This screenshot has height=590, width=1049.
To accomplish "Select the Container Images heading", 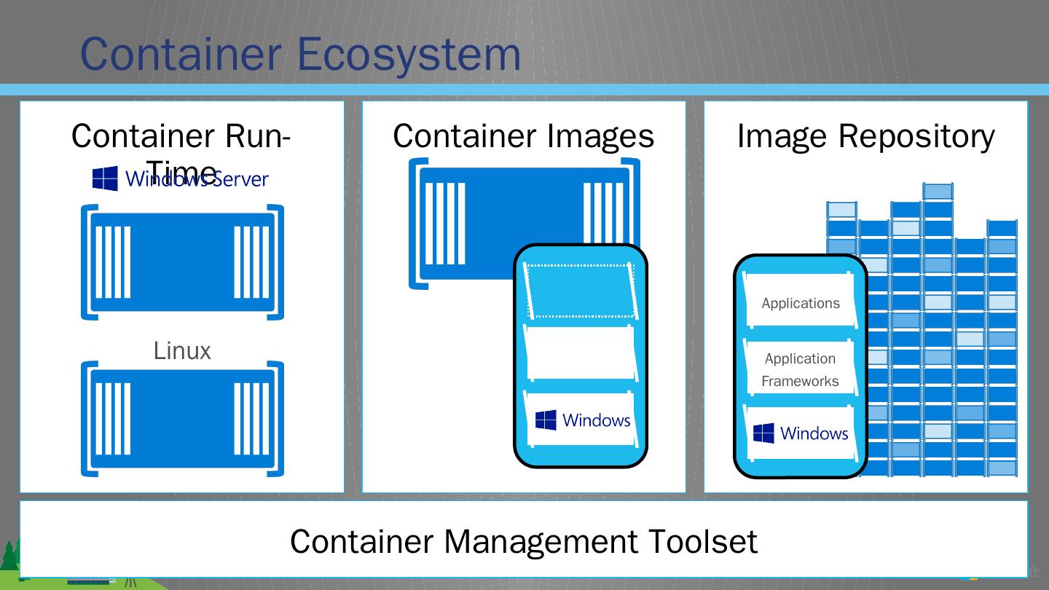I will click(523, 136).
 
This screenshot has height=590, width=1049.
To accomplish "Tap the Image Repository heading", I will click(865, 136).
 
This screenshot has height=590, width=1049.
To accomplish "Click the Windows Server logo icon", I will click(105, 178).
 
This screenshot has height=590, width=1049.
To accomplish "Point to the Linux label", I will click(182, 351).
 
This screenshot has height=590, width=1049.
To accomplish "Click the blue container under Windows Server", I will click(182, 262).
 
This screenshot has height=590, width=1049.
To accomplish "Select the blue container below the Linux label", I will click(182, 419).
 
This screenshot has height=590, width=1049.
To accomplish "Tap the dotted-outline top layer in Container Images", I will click(581, 291).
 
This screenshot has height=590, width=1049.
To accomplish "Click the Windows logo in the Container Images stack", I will click(546, 420).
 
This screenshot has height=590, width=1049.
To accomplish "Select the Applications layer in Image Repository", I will click(800, 303).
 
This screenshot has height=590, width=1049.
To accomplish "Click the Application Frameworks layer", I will click(800, 369).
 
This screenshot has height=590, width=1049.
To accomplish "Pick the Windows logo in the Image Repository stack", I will click(763, 433).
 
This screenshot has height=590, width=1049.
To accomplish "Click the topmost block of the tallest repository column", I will click(938, 192).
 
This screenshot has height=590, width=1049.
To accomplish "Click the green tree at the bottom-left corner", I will click(9, 557).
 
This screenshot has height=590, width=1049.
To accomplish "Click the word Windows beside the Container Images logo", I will click(596, 420).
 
